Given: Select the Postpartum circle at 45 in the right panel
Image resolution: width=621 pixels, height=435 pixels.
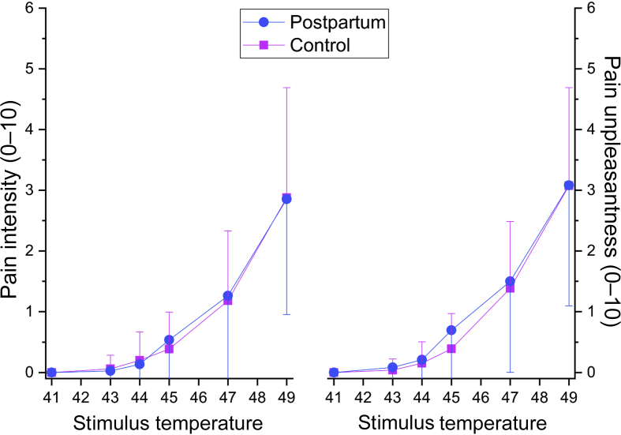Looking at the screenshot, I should click(451, 330).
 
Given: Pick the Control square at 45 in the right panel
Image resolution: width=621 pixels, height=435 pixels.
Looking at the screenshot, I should click(451, 348).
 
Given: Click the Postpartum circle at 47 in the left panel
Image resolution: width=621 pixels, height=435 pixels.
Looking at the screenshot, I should click(228, 295).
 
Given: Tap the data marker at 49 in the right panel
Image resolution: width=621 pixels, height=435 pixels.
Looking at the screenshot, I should click(569, 186).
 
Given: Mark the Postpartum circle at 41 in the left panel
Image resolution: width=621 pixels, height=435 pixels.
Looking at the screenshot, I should click(51, 372).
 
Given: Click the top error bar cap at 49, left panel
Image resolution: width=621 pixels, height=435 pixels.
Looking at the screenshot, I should click(286, 87).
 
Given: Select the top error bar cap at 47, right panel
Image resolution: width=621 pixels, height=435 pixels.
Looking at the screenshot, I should click(511, 221).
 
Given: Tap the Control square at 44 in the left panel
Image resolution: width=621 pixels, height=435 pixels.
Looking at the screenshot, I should click(140, 360).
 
